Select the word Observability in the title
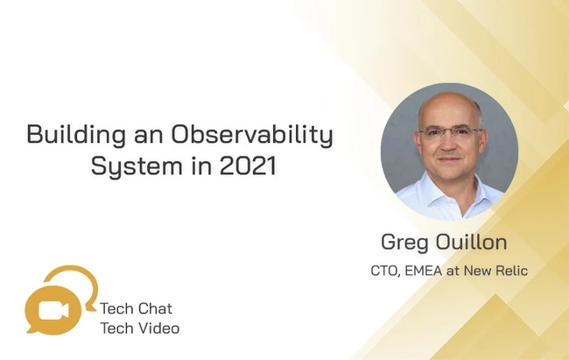click(252, 135)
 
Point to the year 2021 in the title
click(249, 166)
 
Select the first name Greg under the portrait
click(404, 243)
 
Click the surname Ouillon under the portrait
click(471, 242)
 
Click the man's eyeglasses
click(450, 133)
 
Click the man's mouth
click(449, 159)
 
